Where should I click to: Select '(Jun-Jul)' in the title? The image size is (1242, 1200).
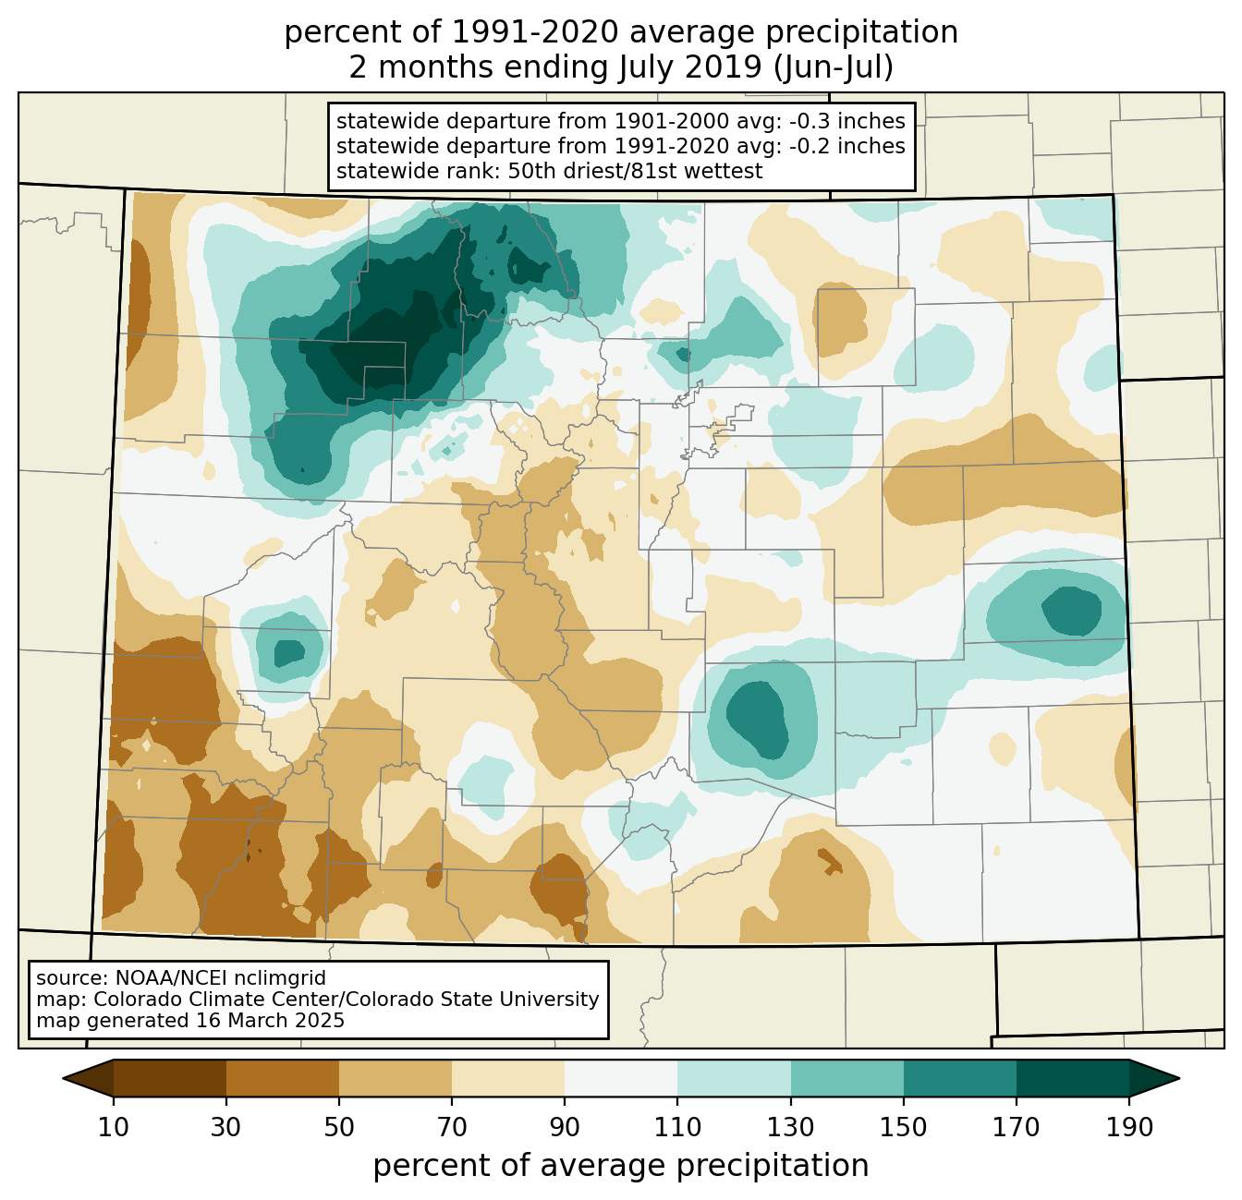click(x=833, y=67)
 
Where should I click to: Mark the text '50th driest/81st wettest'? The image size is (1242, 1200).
click(x=635, y=171)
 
